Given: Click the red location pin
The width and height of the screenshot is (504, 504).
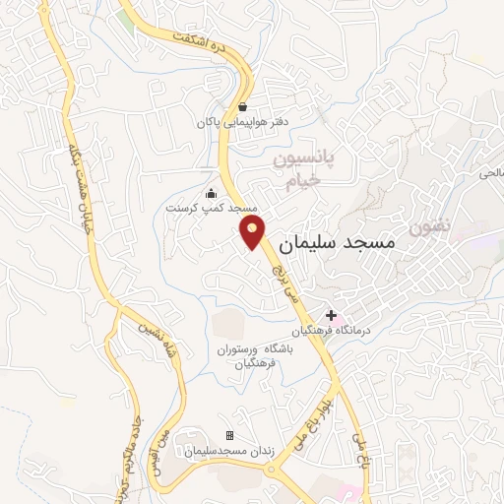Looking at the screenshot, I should (254, 232).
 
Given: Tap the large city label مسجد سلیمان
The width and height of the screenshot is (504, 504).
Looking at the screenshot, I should (337, 242).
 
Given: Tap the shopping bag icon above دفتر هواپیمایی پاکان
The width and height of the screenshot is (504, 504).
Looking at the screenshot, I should (242, 106).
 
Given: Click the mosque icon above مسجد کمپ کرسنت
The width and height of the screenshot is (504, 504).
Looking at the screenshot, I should (210, 193).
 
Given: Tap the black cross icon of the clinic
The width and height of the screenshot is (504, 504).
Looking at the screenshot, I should (331, 314).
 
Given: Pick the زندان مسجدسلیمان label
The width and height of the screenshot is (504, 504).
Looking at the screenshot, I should (229, 451).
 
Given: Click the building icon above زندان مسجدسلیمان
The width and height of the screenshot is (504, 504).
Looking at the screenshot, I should (229, 435).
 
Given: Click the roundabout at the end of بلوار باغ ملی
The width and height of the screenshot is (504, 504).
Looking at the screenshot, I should (270, 469).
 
